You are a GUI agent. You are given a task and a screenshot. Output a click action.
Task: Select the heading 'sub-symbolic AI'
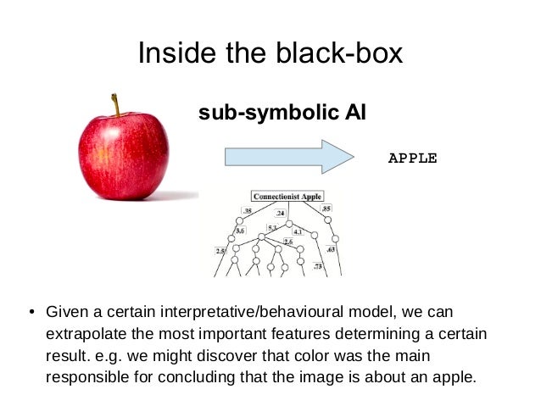[282, 113]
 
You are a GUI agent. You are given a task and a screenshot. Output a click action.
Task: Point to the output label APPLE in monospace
[412, 158]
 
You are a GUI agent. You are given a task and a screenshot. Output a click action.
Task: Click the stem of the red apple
[116, 104]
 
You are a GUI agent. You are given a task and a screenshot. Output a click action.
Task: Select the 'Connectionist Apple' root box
[287, 197]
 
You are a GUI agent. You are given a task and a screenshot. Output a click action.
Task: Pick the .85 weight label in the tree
[326, 209]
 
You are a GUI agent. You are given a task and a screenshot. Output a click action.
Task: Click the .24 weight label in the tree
[280, 214]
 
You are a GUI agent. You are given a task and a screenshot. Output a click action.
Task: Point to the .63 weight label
[331, 250]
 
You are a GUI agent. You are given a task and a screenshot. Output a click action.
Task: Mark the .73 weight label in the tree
[317, 267]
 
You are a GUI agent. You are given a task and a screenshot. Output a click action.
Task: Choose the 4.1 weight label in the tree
[298, 231]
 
